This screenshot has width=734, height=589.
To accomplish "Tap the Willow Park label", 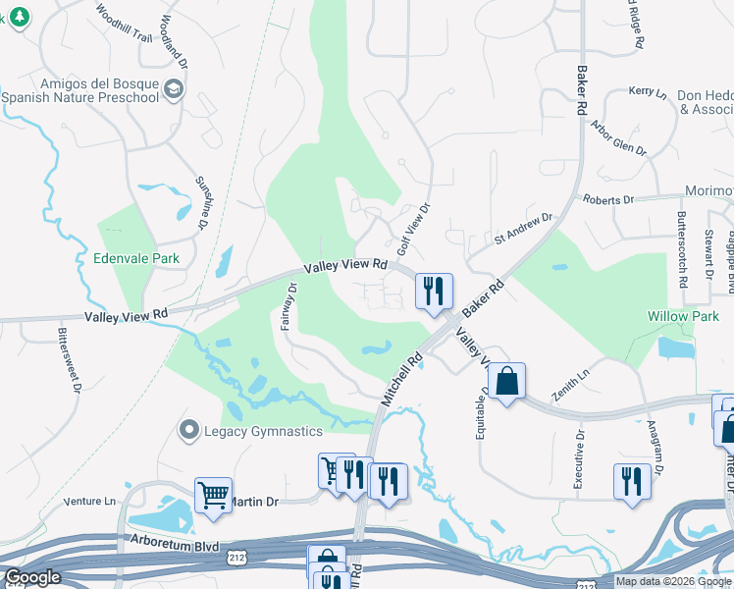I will (x=683, y=316).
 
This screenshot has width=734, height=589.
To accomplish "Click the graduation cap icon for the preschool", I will (x=175, y=89).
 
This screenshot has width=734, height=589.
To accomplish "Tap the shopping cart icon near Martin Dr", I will (x=213, y=494).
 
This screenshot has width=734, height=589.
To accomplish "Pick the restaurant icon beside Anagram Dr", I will (x=632, y=480).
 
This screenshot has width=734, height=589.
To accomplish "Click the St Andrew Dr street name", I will (x=524, y=228).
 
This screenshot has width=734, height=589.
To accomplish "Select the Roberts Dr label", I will (x=608, y=199).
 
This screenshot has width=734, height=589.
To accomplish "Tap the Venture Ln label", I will (x=89, y=502).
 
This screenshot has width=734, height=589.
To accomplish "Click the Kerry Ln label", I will (x=648, y=91).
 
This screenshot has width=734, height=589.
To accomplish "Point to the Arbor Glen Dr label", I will (x=618, y=138).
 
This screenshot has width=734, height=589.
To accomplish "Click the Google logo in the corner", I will (x=31, y=578).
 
